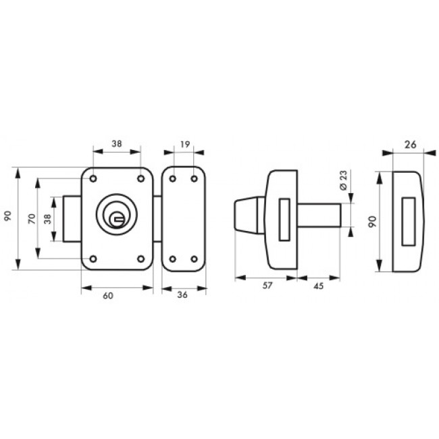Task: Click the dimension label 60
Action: [x=108, y=296]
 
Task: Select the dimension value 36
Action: [x=182, y=295]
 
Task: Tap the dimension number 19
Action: [x=185, y=144]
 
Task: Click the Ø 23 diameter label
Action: [x=344, y=180]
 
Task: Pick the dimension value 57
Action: [x=267, y=286]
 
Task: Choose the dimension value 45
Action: [x=319, y=286]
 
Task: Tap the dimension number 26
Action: [x=411, y=145]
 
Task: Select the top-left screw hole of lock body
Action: [x=93, y=178]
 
